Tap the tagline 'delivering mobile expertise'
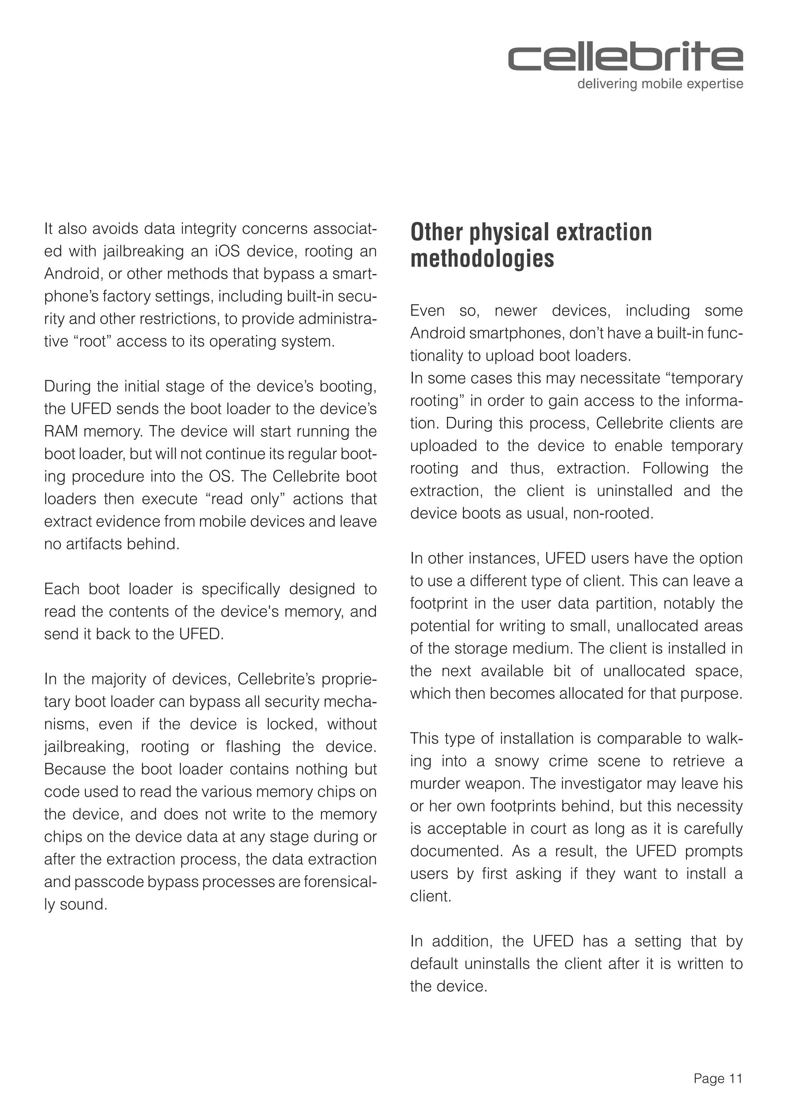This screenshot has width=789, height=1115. (660, 84)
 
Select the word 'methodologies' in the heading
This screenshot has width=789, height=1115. (482, 258)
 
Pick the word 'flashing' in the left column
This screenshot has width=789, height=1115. (253, 747)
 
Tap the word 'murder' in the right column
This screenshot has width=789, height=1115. (435, 784)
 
